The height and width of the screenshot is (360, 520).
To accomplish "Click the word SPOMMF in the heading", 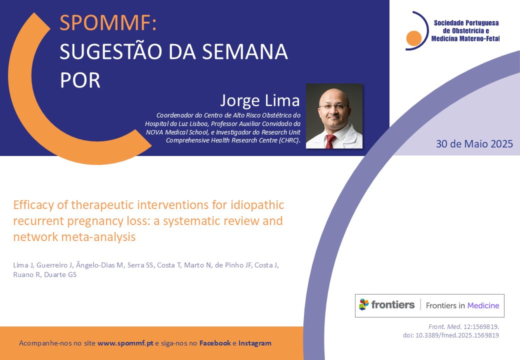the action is [105, 23].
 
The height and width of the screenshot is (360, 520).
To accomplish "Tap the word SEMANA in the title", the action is [244, 51].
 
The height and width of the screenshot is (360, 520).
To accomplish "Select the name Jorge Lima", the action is [260, 100].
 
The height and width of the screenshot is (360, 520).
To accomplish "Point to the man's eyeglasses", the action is [333, 106].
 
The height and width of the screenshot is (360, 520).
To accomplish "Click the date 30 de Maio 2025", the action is [474, 144].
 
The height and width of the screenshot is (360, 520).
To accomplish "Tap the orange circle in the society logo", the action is [413, 38].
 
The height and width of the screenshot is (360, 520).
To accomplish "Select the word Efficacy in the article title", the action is [33, 205].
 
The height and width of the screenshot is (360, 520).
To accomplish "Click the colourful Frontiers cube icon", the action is [364, 304].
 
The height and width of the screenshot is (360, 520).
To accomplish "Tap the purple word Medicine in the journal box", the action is [483, 305].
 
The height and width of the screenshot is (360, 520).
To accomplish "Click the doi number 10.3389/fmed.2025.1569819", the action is [457, 335].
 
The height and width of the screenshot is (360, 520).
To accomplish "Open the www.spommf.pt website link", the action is [125, 343].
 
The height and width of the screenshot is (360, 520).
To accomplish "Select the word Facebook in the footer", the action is [215, 343].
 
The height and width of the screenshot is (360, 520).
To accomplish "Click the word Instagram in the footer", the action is [254, 343].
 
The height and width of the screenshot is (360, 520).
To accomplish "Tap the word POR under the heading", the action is [80, 80].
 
